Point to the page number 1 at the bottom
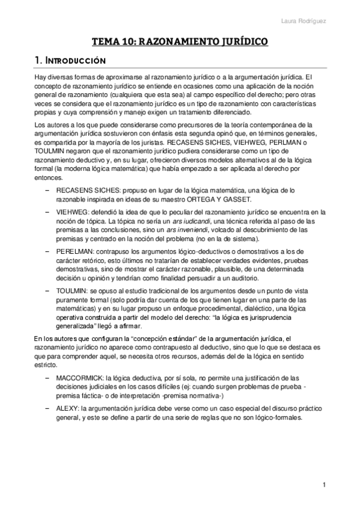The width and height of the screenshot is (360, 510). coord(324,485)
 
